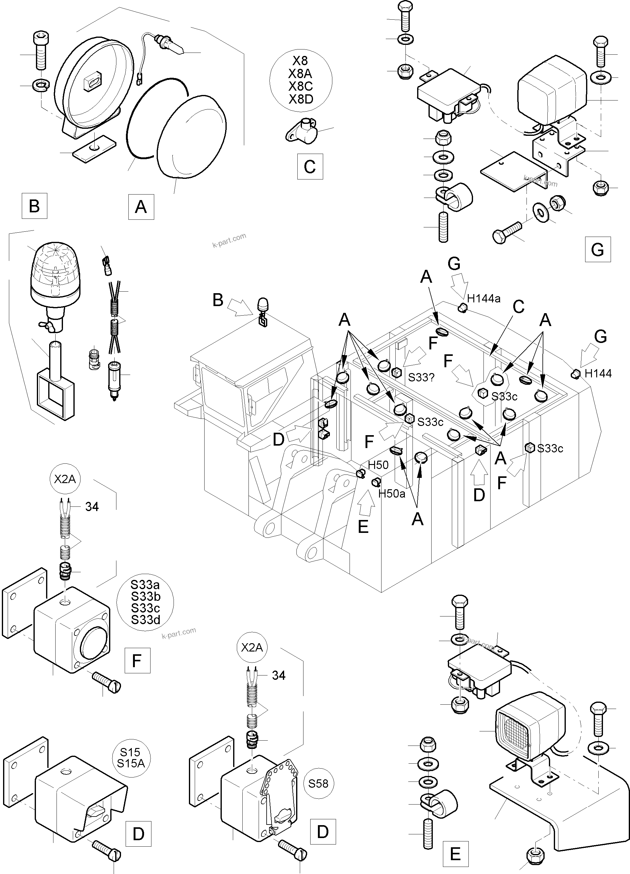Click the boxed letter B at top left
tap(34, 206)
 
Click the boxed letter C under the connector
tap(310, 167)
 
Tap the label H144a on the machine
tap(484, 298)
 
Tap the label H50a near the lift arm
tap(392, 494)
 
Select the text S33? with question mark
tap(421, 377)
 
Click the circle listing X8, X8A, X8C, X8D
tap(301, 80)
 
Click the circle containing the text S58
tap(318, 783)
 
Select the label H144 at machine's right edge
tap(598, 373)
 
